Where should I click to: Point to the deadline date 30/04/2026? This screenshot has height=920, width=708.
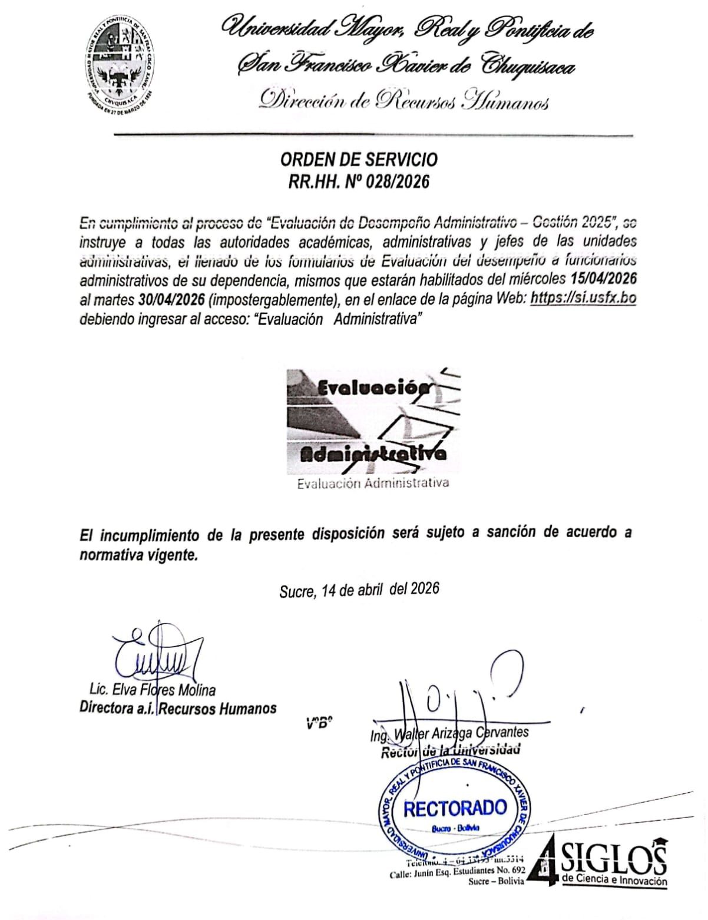pyautogui.click(x=172, y=299)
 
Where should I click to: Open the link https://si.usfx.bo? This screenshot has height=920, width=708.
pyautogui.click(x=583, y=298)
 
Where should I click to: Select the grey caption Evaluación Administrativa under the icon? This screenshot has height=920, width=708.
pyautogui.click(x=373, y=484)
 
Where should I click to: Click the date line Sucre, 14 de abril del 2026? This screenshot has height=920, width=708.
pyautogui.click(x=359, y=590)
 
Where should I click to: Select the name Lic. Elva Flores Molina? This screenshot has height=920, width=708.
pyautogui.click(x=153, y=690)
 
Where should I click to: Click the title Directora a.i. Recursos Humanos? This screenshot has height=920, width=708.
pyautogui.click(x=178, y=708)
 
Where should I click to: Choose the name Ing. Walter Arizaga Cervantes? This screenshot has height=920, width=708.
pyautogui.click(x=449, y=733)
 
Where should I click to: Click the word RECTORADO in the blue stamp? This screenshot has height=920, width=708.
pyautogui.click(x=455, y=808)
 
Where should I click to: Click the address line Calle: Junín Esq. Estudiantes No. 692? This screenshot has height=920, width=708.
pyautogui.click(x=457, y=875)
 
